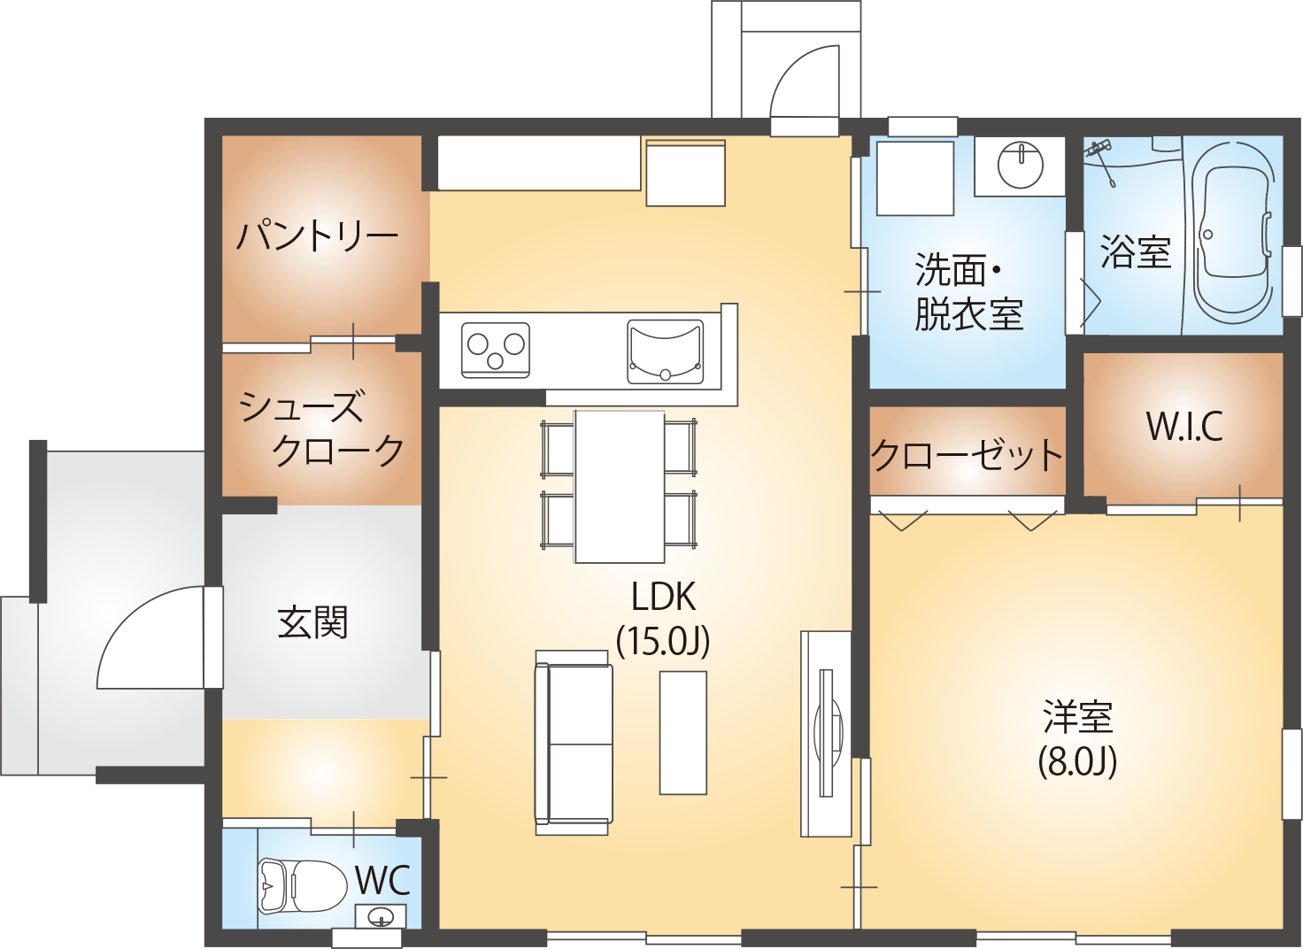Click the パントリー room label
click(317, 235)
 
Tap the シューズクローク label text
click(321, 428)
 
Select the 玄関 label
click(312, 622)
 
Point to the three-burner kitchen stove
click(496, 351)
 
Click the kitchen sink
click(665, 352)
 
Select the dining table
click(620, 487)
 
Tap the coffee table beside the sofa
click(682, 732)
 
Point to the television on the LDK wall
click(829, 732)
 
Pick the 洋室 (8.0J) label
click(1078, 739)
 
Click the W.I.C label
click(1183, 426)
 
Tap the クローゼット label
click(967, 454)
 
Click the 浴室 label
click(1136, 251)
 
